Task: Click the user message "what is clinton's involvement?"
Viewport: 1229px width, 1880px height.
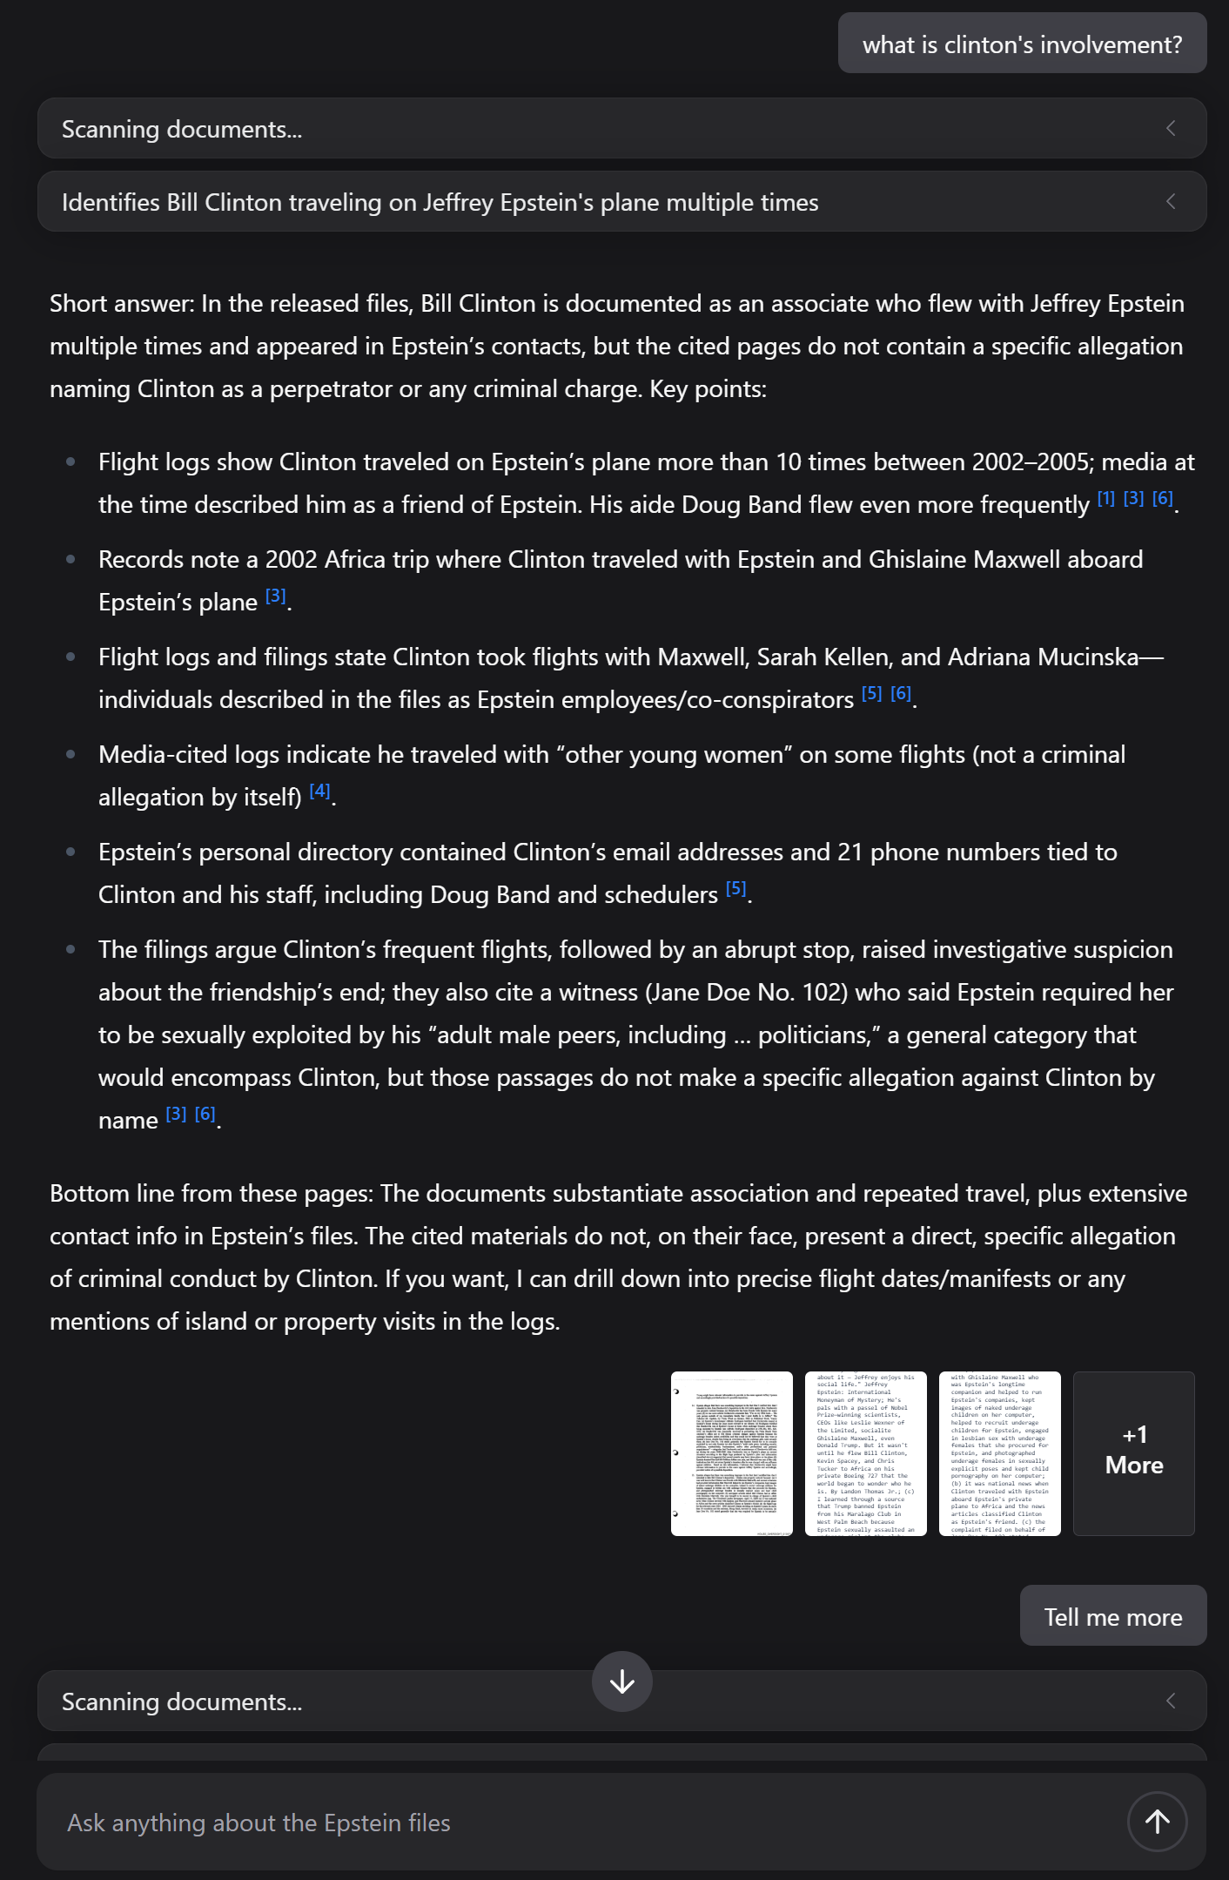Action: [x=1022, y=44]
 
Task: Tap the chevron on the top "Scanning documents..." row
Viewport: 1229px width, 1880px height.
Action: [x=1171, y=129]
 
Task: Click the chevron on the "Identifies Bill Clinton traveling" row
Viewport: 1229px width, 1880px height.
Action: [x=1171, y=202]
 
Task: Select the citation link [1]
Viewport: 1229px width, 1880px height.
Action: [x=1105, y=499]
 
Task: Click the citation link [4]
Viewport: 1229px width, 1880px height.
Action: [x=319, y=791]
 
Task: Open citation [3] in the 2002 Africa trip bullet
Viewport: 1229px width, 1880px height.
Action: [x=275, y=596]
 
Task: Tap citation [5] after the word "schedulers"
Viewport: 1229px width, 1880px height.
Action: [x=735, y=888]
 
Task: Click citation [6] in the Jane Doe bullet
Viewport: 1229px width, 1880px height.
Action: [x=205, y=1114]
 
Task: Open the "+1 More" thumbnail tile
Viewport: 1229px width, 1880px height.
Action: [x=1133, y=1452]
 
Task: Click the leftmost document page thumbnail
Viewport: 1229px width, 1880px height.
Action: [x=731, y=1452]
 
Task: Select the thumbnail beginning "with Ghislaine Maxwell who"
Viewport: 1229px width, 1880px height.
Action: [x=999, y=1452]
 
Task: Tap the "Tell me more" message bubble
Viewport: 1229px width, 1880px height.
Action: [x=1112, y=1616]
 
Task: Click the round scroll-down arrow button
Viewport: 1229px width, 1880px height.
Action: [x=621, y=1681]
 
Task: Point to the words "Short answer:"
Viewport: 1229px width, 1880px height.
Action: [x=122, y=303]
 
